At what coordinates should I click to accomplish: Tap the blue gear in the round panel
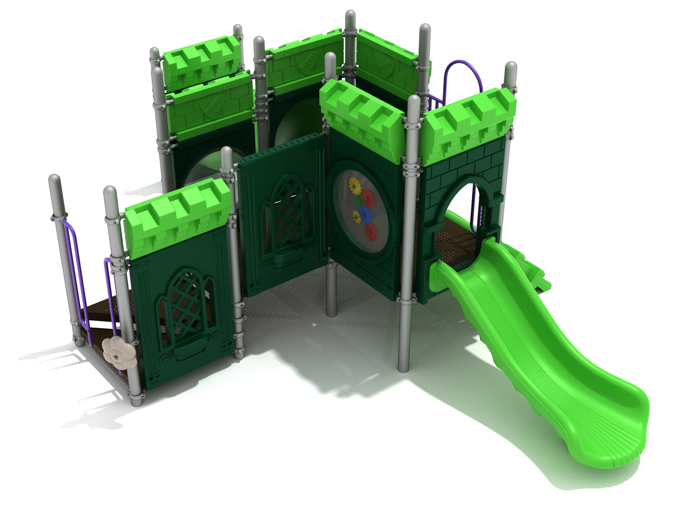364,213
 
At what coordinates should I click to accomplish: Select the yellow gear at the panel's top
354,185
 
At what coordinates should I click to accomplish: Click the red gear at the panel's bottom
371,232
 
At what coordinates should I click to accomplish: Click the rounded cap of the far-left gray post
55,181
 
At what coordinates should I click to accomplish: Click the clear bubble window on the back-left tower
199,170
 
